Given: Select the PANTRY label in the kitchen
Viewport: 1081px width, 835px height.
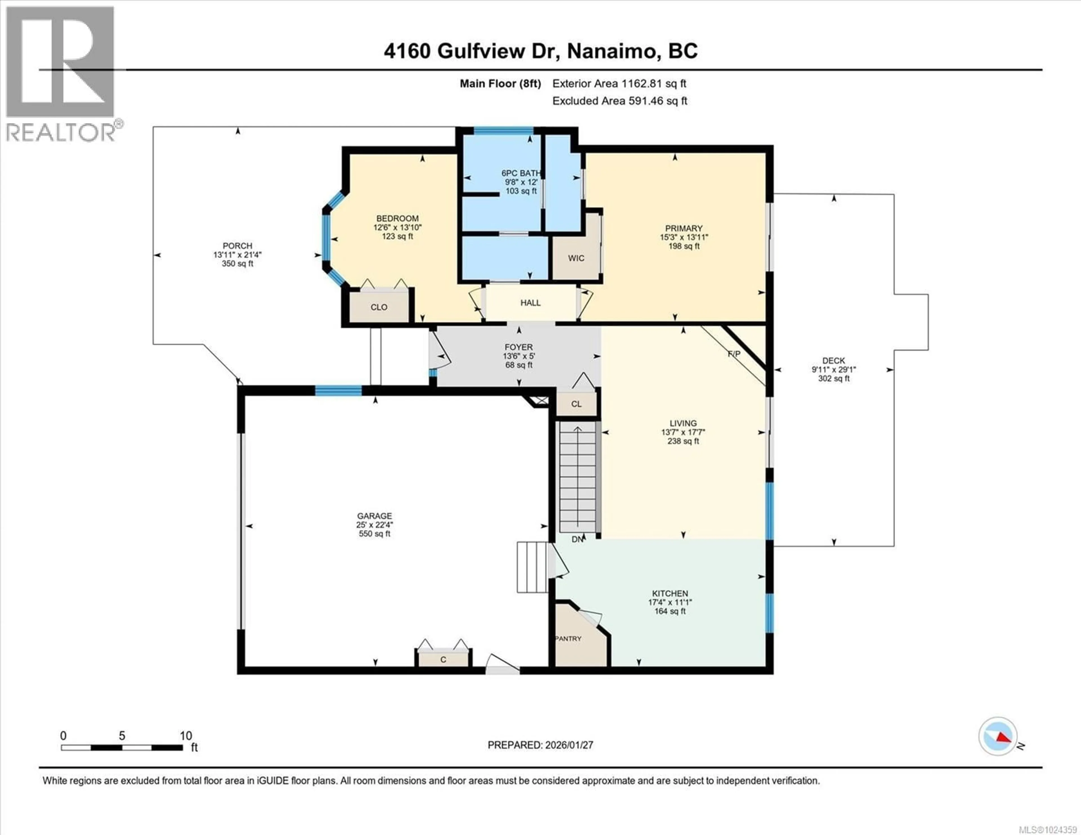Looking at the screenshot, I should (x=568, y=639).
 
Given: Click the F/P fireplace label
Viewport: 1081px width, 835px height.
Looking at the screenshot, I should (x=734, y=354).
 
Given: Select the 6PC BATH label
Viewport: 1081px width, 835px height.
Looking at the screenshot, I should (x=521, y=173).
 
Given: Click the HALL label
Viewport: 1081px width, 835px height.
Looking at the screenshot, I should (x=530, y=303).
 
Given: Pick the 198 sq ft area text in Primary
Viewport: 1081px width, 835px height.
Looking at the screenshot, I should (x=684, y=246).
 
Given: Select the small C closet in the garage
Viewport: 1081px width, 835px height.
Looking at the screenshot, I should (x=443, y=659).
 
